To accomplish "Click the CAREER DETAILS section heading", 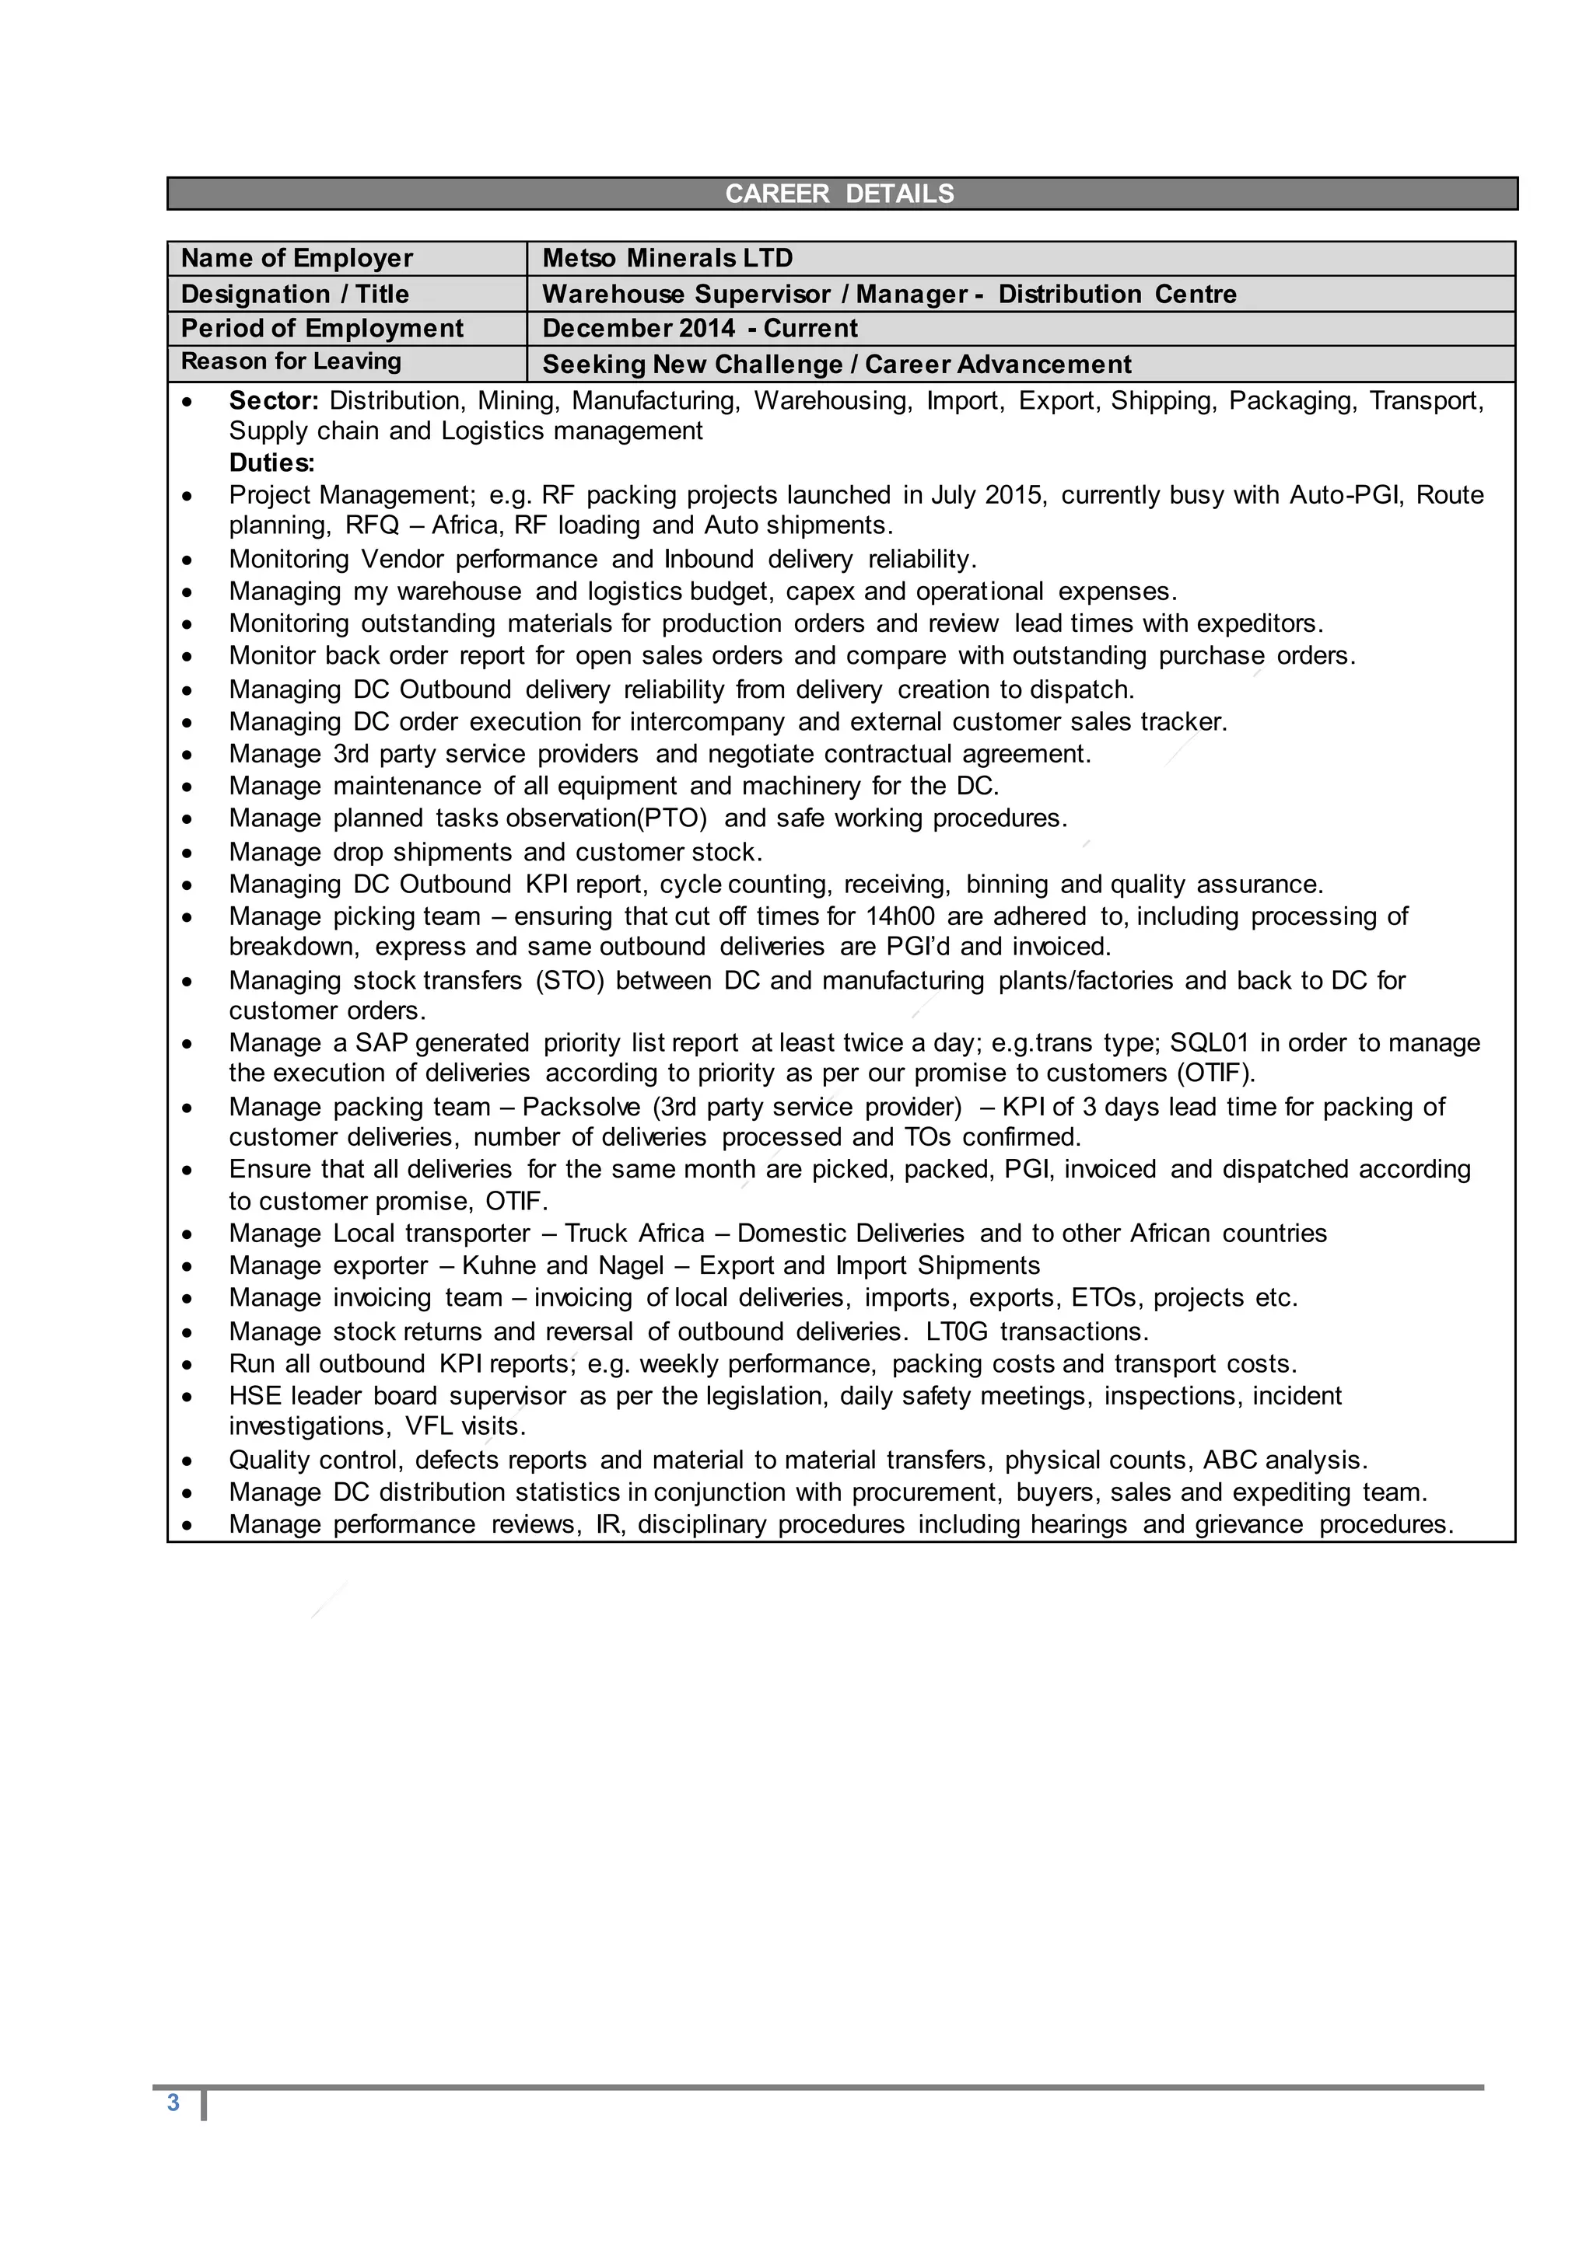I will pyautogui.click(x=839, y=194).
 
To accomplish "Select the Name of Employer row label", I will pyautogui.click(x=296, y=259).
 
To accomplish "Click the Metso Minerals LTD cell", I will pyautogui.click(x=667, y=259).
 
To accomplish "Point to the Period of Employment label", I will pyautogui.click(x=322, y=329).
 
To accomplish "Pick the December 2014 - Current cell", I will pyautogui.click(x=699, y=329).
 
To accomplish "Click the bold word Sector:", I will pyautogui.click(x=274, y=401).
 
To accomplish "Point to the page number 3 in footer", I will pyautogui.click(x=173, y=2103).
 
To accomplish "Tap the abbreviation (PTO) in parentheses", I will pyautogui.click(x=673, y=818).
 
